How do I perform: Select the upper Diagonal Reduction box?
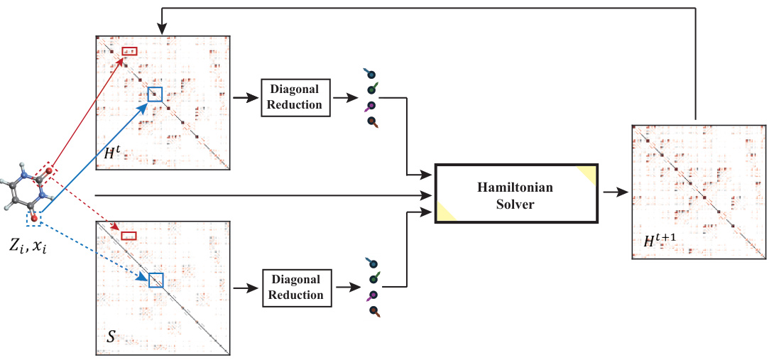(295, 97)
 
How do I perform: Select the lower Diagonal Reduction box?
(295, 288)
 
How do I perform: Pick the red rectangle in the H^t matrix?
(129, 52)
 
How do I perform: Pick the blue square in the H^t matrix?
(155, 94)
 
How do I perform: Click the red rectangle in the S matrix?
(129, 236)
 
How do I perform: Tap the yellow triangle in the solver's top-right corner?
(589, 173)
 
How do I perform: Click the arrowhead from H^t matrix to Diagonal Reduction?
(254, 97)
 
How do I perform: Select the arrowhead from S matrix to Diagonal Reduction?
(254, 288)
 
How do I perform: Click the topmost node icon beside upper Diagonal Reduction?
(370, 74)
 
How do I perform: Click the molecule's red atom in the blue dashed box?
(33, 208)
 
